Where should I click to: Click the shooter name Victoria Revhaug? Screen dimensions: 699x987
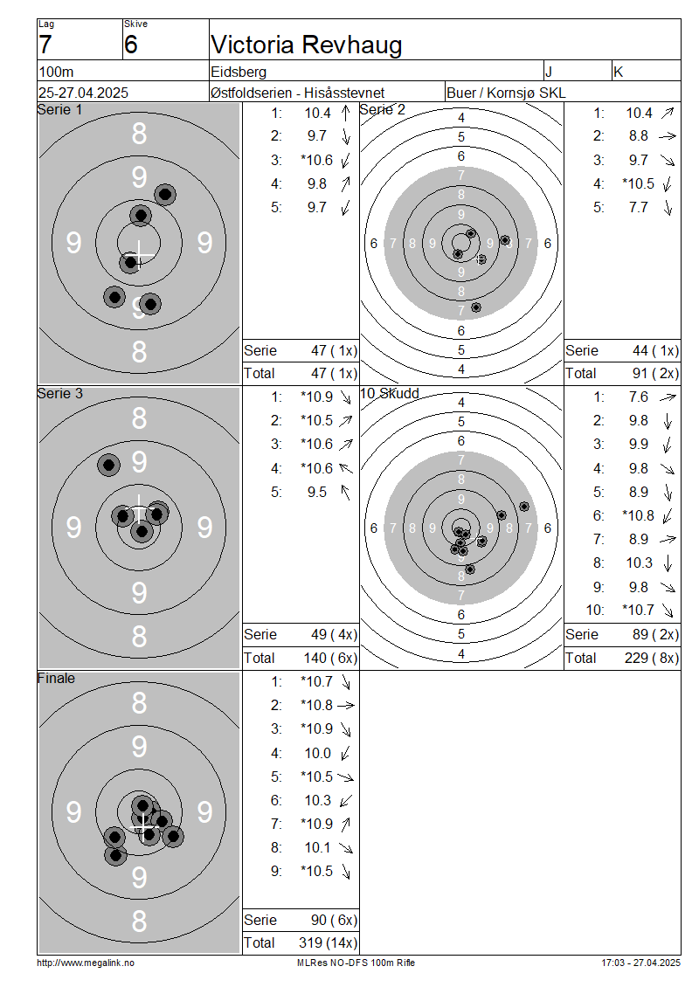coord(306,45)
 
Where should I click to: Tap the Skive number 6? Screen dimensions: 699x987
coord(130,45)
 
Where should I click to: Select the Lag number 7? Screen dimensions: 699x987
coord(45,45)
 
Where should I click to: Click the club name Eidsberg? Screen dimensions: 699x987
coord(239,72)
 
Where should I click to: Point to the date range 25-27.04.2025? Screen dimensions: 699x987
coord(83,93)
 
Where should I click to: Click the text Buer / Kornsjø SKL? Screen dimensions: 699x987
coord(506,93)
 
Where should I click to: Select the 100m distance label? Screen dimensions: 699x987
coord(56,72)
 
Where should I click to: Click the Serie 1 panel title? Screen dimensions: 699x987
coord(59,109)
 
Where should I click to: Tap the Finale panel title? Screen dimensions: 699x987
coord(56,678)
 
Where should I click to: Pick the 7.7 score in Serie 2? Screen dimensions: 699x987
coord(638,207)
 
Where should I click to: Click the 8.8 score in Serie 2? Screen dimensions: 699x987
coord(638,136)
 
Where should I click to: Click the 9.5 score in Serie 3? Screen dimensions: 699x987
coord(317,492)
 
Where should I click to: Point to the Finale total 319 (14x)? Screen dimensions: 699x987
coord(328,942)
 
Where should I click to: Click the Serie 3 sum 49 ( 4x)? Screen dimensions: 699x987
coord(334,634)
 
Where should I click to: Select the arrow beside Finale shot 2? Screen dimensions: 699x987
coord(346,706)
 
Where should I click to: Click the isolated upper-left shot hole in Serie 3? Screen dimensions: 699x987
coord(109,466)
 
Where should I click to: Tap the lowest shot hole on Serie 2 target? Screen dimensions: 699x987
coord(476,307)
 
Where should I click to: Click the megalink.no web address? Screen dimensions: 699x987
coord(86,963)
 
